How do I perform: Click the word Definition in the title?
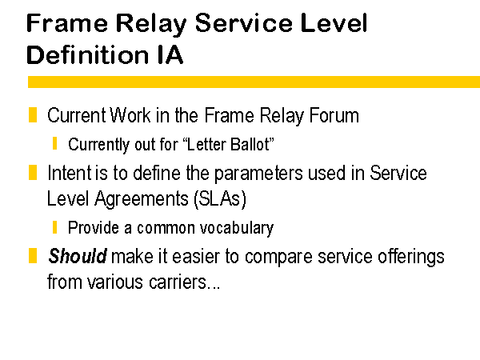click(x=87, y=54)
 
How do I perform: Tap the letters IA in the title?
click(x=170, y=54)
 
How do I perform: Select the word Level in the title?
click(x=334, y=22)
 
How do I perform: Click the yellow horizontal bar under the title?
click(x=254, y=82)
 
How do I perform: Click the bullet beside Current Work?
click(x=33, y=114)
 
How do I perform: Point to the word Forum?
click(x=334, y=115)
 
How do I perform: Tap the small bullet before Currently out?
click(x=54, y=143)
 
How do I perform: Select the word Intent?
click(x=69, y=173)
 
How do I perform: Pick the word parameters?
click(x=258, y=174)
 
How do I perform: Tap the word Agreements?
click(x=142, y=199)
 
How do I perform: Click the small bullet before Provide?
click(x=54, y=227)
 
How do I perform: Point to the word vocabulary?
click(x=236, y=228)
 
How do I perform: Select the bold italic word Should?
click(x=77, y=256)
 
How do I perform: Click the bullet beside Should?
click(x=33, y=256)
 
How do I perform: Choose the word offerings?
click(x=411, y=257)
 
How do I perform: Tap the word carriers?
click(x=178, y=282)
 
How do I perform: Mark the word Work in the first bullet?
click(x=130, y=115)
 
